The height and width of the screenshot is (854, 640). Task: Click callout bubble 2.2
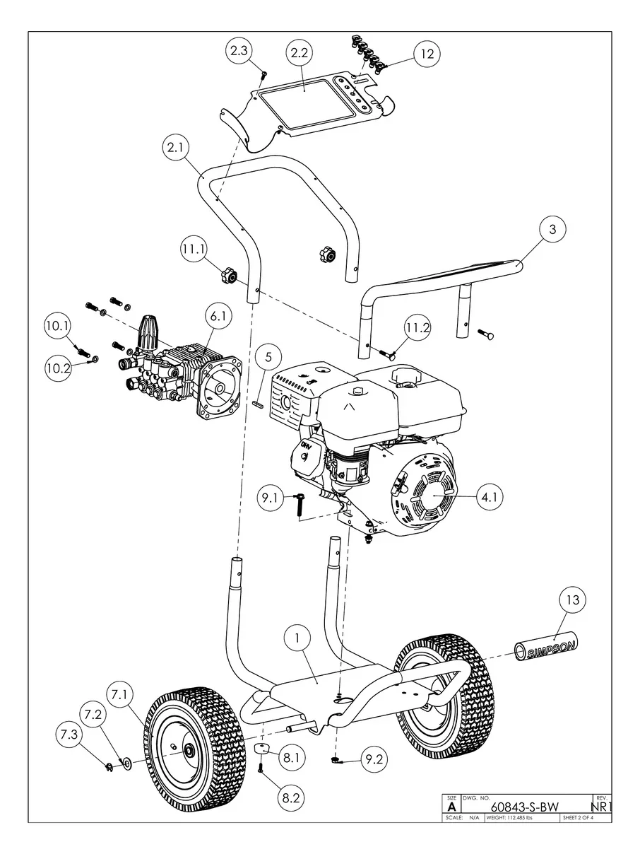point(300,53)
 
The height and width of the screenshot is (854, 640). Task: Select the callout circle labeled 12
point(427,54)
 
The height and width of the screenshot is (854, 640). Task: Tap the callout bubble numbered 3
point(553,230)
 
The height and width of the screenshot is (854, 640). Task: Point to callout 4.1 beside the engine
point(491,498)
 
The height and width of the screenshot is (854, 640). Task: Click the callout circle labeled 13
point(574,600)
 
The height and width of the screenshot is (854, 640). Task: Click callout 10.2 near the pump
point(59,368)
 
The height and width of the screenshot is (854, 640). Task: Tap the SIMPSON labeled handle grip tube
point(545,648)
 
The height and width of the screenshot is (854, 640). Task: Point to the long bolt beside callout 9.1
point(300,505)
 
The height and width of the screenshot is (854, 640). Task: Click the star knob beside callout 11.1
point(228,274)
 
